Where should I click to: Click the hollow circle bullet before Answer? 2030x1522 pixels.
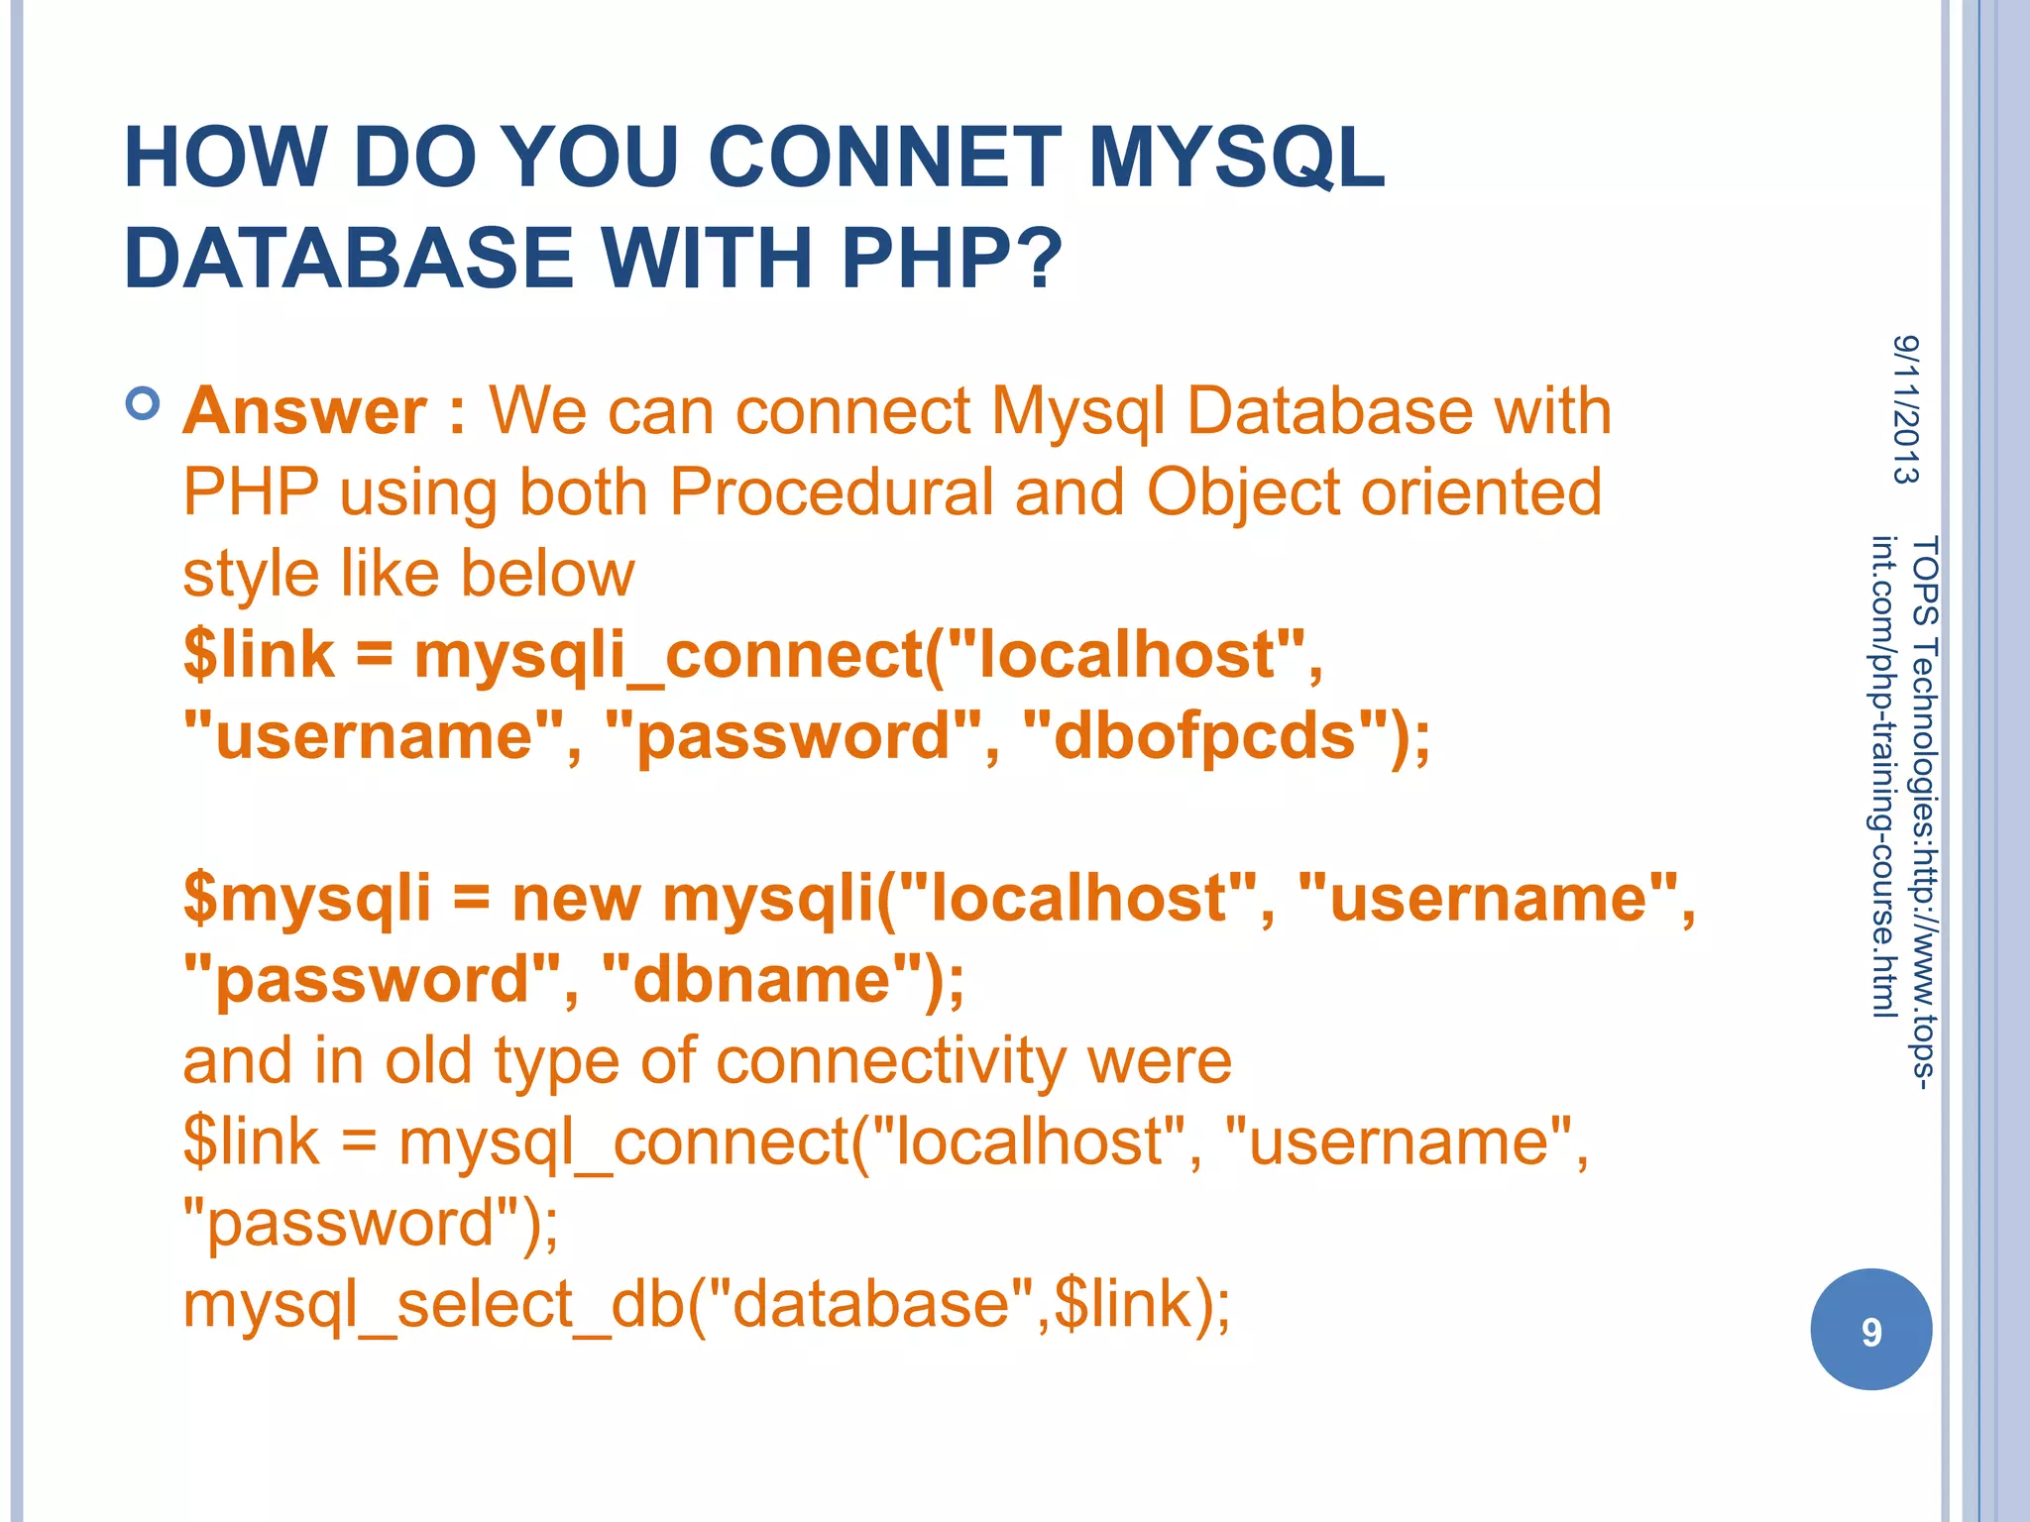[x=144, y=404]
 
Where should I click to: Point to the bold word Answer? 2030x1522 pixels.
[x=305, y=410]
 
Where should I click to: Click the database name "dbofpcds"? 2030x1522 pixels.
[x=1204, y=736]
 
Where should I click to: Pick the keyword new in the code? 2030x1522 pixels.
[x=576, y=899]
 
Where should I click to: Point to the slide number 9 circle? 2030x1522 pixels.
[x=1870, y=1329]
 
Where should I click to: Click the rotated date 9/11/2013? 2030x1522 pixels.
[x=1905, y=409]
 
